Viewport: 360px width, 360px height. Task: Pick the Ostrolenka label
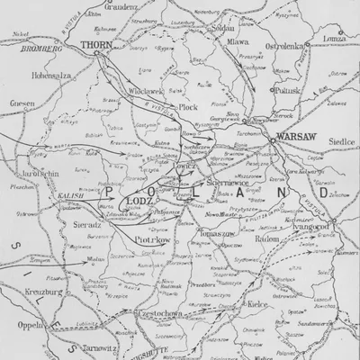tap(284, 41)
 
